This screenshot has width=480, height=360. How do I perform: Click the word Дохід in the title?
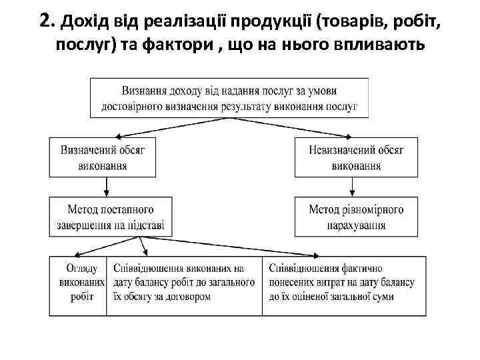click(77, 22)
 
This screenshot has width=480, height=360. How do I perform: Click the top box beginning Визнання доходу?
click(229, 98)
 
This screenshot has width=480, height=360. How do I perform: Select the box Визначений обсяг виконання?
click(103, 158)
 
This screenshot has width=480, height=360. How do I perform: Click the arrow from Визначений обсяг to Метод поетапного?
click(103, 187)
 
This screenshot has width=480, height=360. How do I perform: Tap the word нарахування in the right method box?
click(356, 226)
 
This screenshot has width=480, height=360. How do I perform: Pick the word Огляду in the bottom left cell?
click(82, 269)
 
